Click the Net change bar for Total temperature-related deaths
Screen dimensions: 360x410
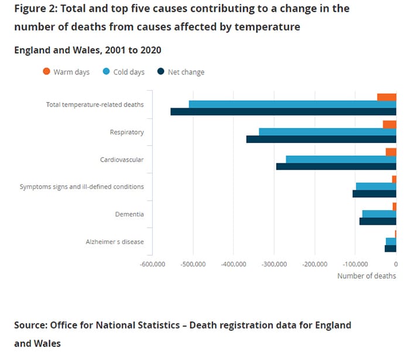[x=283, y=111]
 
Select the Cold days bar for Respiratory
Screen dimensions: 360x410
[x=327, y=132]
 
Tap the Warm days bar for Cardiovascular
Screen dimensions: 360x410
[x=391, y=152]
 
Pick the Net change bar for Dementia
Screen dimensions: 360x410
[x=378, y=221]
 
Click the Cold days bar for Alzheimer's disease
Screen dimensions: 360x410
[x=391, y=241]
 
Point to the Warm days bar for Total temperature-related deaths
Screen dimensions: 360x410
[x=387, y=97]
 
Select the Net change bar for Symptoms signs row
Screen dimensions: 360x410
[x=374, y=194]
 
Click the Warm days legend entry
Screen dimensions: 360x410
[x=66, y=72]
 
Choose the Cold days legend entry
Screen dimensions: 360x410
[x=124, y=72]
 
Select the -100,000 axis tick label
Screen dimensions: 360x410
[x=356, y=264]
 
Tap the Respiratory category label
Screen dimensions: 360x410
[x=127, y=132]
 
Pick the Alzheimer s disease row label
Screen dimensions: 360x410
[x=115, y=242]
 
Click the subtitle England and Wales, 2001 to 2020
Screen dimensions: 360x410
[x=87, y=50]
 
